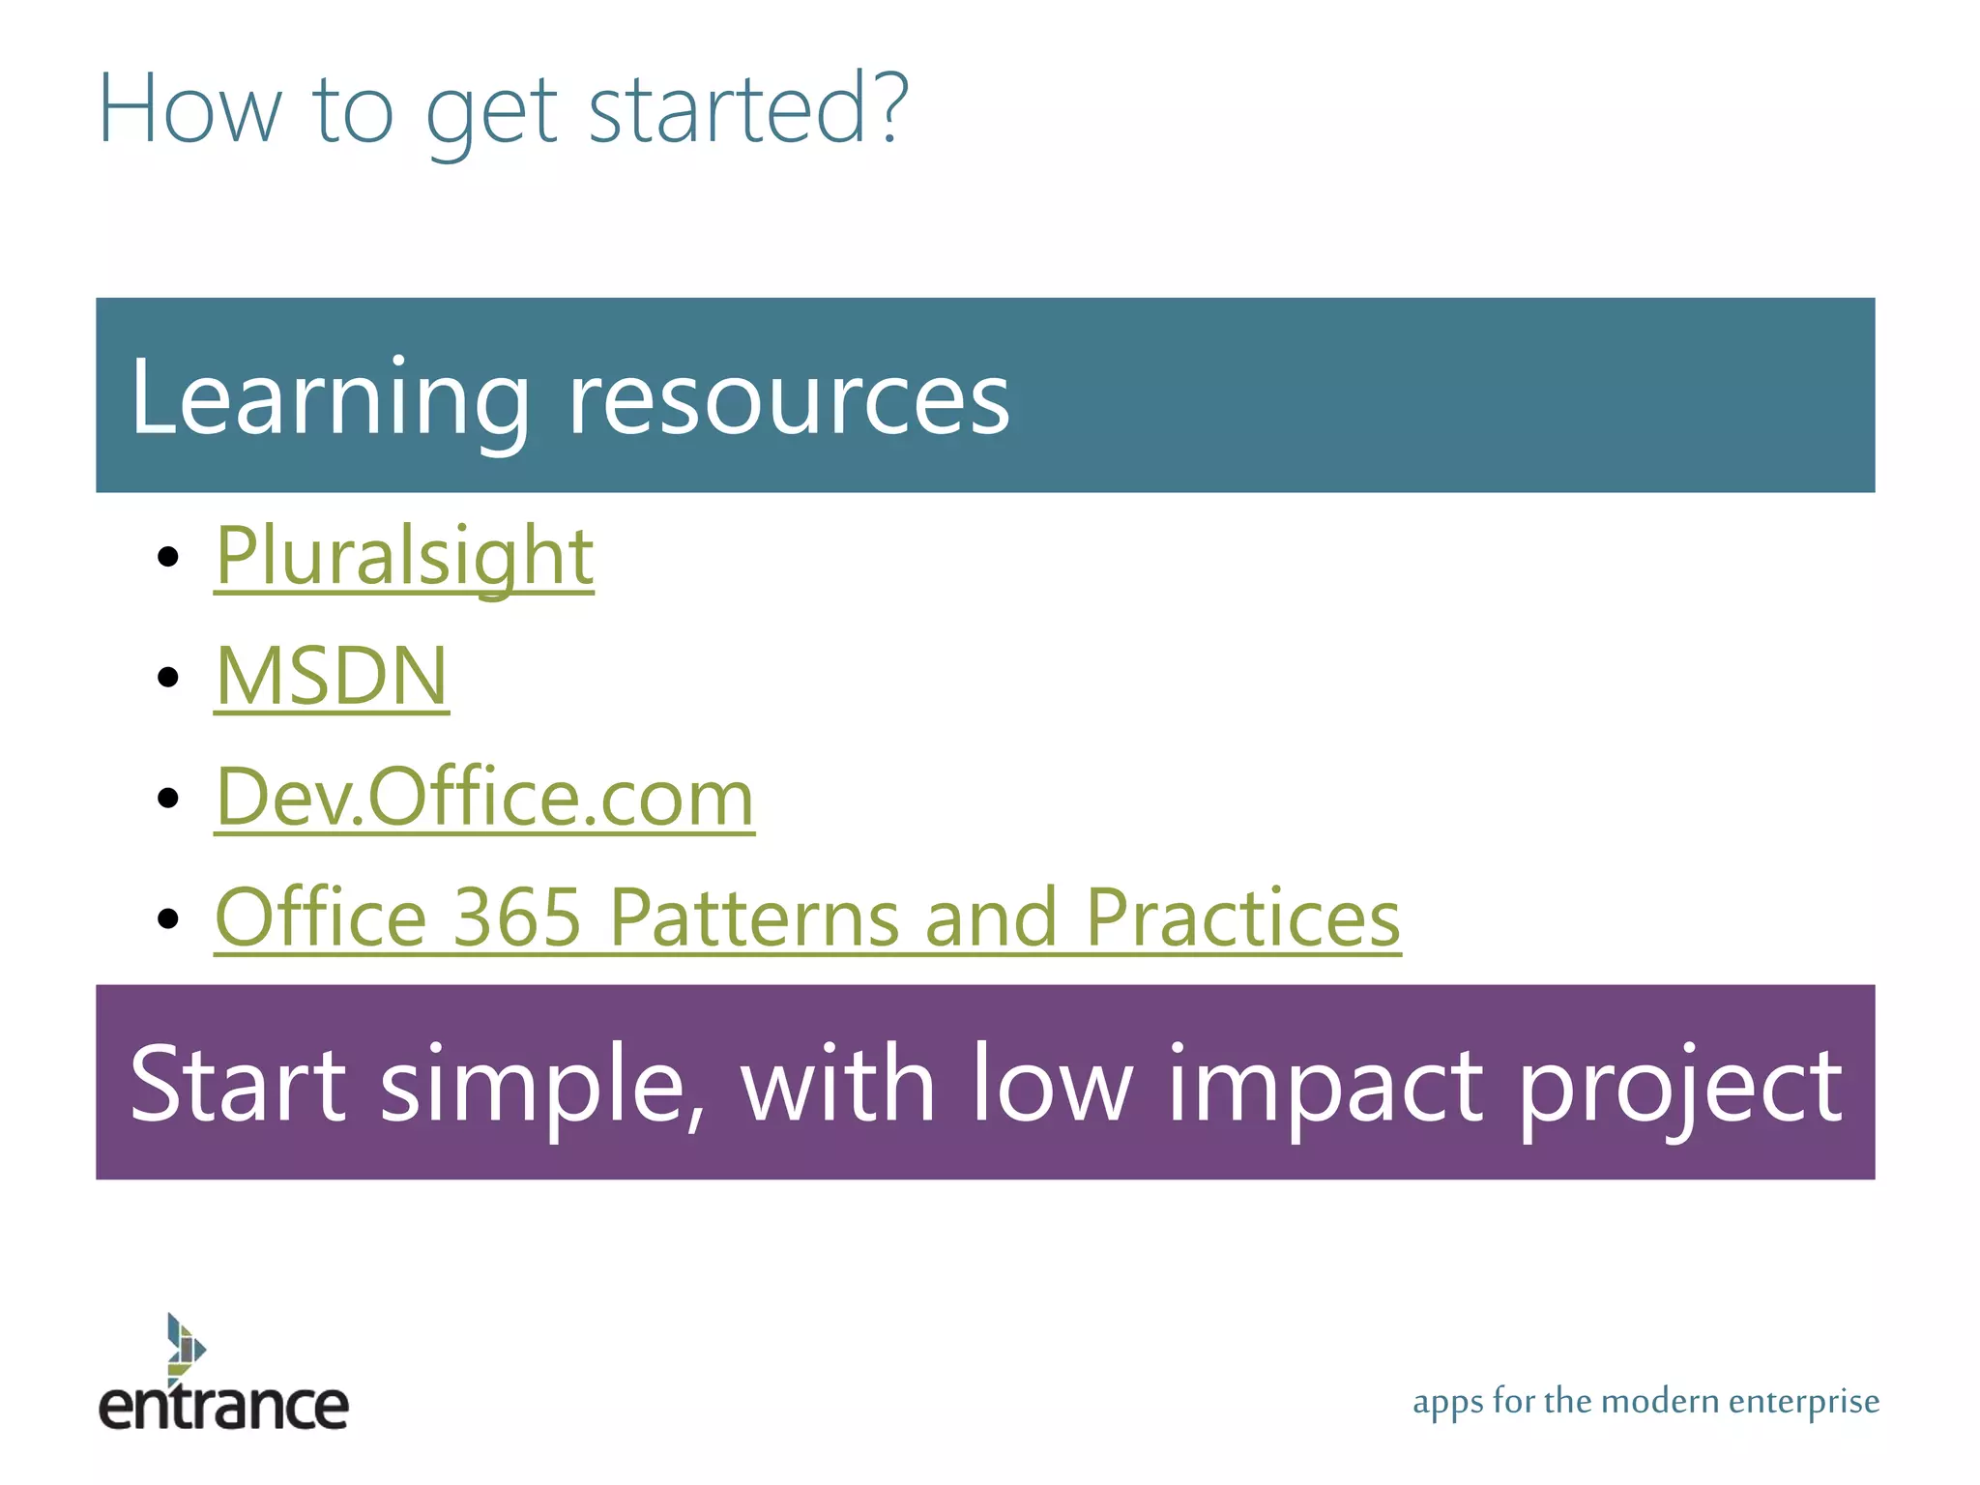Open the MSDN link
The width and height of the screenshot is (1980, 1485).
click(x=332, y=676)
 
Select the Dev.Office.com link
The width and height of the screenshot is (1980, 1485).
click(x=483, y=797)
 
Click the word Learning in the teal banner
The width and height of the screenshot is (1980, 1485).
click(x=329, y=397)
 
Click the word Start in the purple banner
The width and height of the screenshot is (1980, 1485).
click(x=237, y=1084)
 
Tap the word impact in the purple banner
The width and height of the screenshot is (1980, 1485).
click(x=1325, y=1084)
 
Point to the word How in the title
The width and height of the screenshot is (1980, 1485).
click(x=189, y=108)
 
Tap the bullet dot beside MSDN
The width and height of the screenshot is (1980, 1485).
click(x=168, y=677)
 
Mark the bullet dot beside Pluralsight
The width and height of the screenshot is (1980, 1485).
click(x=168, y=557)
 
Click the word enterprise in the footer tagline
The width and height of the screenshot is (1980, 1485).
click(x=1803, y=1401)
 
